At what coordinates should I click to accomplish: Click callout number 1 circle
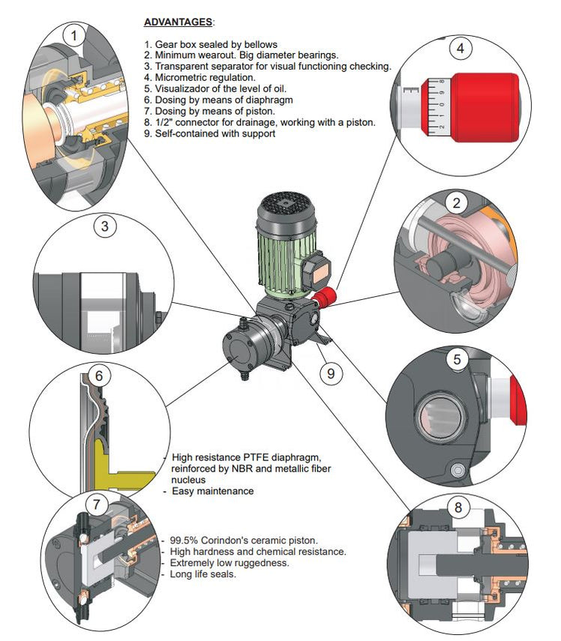(73, 34)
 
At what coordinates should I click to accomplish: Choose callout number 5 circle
(457, 359)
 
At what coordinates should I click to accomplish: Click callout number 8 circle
(457, 508)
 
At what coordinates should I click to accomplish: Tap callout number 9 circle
(331, 373)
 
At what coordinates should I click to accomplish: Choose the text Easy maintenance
(213, 491)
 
